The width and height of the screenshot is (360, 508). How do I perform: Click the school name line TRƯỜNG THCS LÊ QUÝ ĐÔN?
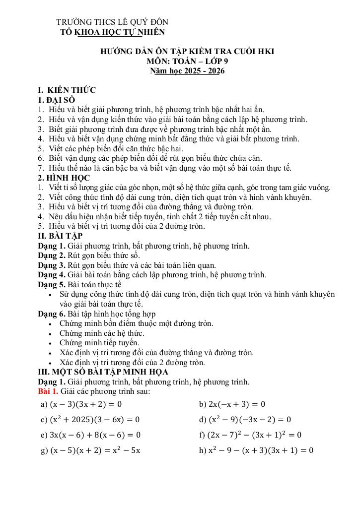(x=112, y=22)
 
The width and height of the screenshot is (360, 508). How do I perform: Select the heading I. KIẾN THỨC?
(x=67, y=90)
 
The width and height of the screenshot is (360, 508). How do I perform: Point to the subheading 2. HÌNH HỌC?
(x=64, y=178)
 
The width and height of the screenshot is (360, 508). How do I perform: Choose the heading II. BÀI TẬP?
(x=60, y=236)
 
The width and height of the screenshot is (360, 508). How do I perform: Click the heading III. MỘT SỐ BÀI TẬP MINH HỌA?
(x=103, y=372)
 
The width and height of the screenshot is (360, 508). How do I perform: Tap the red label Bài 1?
(x=48, y=391)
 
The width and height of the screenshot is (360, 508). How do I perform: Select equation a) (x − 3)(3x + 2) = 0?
(x=81, y=404)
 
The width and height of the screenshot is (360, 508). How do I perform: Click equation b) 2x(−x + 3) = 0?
(x=232, y=404)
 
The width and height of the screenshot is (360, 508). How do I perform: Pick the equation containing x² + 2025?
(x=90, y=420)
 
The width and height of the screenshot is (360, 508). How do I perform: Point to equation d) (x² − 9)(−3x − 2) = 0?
(x=245, y=420)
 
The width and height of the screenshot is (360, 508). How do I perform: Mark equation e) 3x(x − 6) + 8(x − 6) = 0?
(x=90, y=435)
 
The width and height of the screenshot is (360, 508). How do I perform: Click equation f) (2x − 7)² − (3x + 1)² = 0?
(x=250, y=435)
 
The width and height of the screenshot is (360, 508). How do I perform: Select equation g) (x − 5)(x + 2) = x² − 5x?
(x=90, y=450)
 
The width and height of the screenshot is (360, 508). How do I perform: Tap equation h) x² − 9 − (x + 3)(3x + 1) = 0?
(x=256, y=450)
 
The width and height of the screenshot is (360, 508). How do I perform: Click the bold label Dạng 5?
(x=52, y=285)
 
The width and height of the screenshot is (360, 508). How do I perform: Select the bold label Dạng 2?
(x=52, y=255)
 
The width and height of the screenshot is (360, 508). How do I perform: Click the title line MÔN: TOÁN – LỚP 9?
(x=187, y=61)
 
